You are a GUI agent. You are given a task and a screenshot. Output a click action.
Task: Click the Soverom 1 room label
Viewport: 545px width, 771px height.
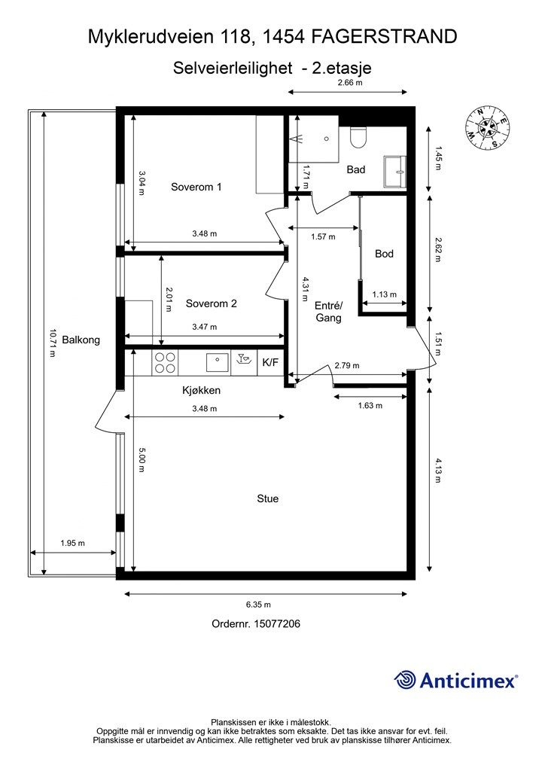tap(196, 187)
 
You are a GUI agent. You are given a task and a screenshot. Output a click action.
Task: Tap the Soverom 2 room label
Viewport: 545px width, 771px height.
tap(212, 303)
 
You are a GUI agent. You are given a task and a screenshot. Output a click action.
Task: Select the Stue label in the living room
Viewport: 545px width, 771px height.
tap(268, 498)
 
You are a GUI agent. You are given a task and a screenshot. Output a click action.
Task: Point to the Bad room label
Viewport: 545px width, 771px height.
tap(356, 169)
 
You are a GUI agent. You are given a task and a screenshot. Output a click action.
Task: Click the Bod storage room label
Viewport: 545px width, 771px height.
tap(385, 254)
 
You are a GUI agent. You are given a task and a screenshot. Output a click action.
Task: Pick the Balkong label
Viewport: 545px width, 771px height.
tap(81, 340)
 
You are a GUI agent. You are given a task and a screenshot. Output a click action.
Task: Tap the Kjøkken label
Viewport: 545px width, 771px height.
tap(202, 391)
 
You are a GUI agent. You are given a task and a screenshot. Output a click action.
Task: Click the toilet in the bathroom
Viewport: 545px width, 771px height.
tap(358, 137)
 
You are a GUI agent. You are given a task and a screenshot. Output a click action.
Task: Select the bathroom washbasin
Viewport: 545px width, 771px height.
tap(395, 172)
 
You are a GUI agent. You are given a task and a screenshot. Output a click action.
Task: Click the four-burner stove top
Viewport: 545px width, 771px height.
tap(165, 363)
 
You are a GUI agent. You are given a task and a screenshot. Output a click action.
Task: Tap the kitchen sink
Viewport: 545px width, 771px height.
tap(217, 363)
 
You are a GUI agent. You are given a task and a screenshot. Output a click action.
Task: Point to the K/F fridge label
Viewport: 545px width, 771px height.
tap(270, 363)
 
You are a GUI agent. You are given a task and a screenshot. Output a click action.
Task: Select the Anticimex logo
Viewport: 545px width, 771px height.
tap(455, 680)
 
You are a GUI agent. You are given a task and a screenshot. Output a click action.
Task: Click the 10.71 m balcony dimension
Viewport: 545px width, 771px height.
tap(52, 343)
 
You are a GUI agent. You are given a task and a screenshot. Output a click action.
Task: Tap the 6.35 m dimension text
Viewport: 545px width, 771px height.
tap(259, 605)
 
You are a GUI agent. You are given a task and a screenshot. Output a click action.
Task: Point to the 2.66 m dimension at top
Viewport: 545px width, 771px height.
tap(350, 83)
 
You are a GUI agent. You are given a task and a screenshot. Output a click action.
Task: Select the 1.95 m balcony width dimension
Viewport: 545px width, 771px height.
tap(73, 544)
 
